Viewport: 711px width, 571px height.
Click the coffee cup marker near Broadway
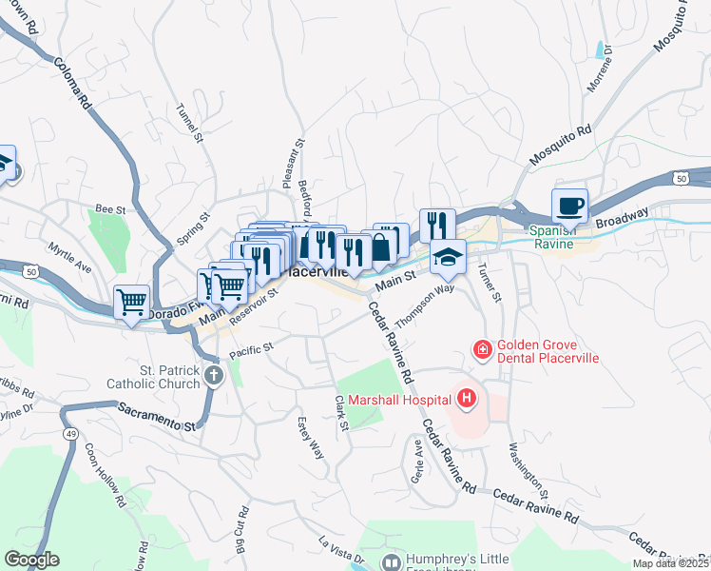click(x=569, y=206)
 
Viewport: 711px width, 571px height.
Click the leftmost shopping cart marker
click(x=131, y=303)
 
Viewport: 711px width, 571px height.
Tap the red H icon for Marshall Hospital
click(x=466, y=398)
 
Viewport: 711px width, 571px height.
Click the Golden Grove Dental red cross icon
click(x=482, y=351)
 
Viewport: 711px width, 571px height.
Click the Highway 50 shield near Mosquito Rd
click(x=682, y=177)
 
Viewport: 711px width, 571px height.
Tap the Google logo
click(x=32, y=560)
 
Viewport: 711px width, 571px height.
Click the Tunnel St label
click(x=190, y=124)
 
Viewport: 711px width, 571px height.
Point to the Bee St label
click(x=111, y=207)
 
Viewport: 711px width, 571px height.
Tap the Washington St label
click(x=528, y=470)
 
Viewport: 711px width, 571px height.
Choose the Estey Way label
click(x=312, y=436)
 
